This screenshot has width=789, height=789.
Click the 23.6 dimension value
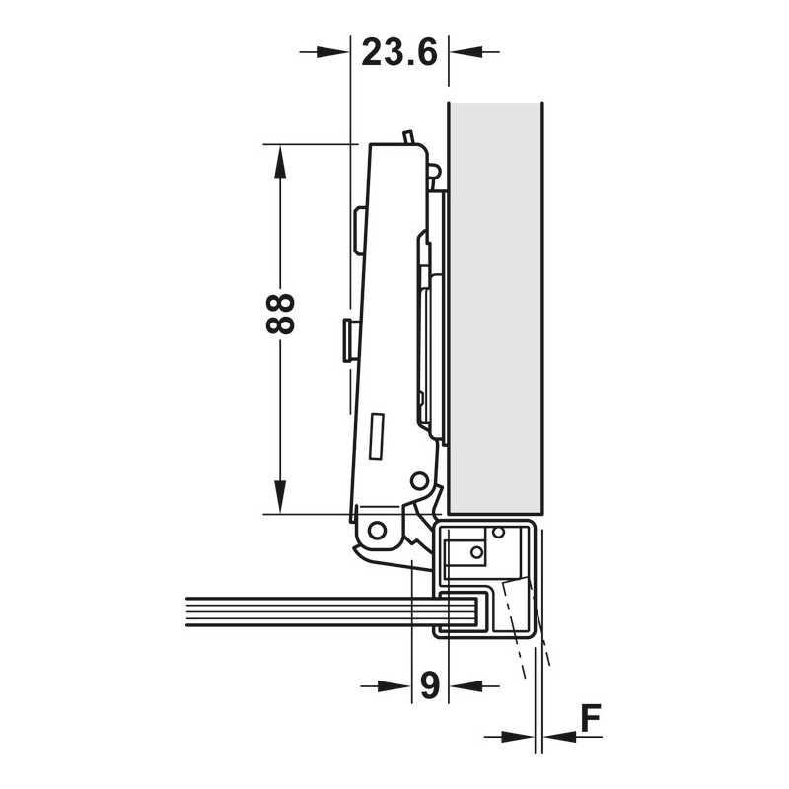(399, 53)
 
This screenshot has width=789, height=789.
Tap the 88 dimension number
(280, 314)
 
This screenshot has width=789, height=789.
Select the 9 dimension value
(430, 685)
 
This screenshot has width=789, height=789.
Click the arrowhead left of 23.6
(332, 52)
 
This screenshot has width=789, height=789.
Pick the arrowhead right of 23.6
(466, 51)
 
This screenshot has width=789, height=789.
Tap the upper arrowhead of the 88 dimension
(280, 162)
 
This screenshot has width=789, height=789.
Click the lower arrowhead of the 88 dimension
(280, 497)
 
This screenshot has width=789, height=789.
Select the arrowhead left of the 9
(394, 685)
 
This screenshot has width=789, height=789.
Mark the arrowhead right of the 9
(466, 685)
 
